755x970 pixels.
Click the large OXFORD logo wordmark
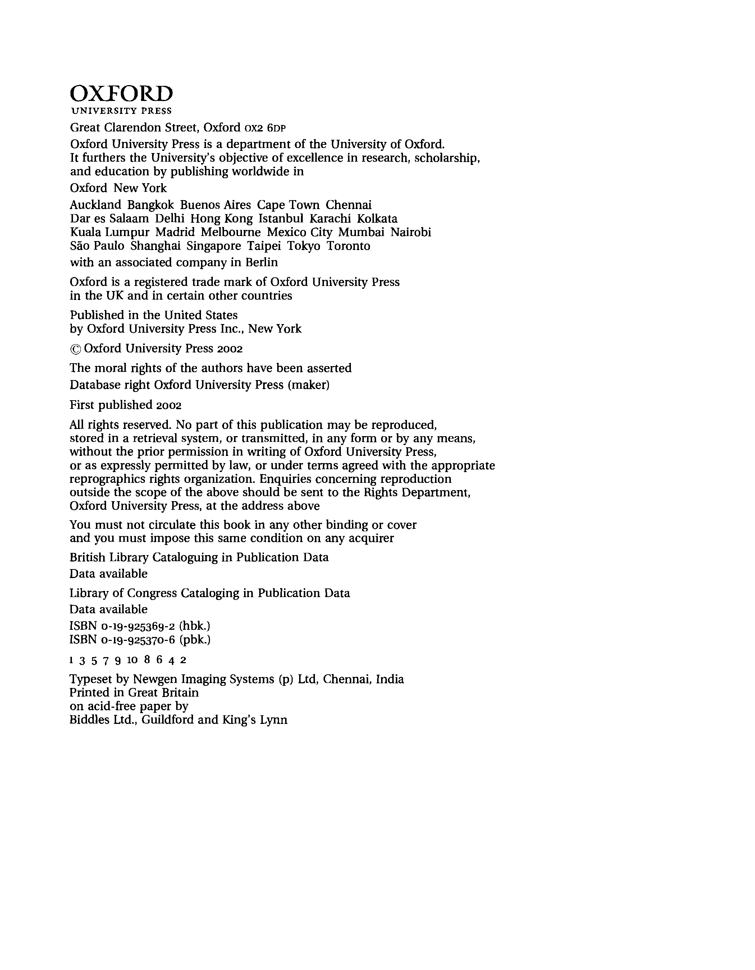click(x=121, y=94)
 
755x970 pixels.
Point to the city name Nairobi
click(x=411, y=232)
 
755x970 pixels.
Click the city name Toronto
click(x=348, y=246)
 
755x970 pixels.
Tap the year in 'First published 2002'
click(x=169, y=405)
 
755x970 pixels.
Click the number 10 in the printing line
click(x=132, y=660)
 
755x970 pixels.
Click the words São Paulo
click(x=97, y=246)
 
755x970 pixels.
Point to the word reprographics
click(x=107, y=479)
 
